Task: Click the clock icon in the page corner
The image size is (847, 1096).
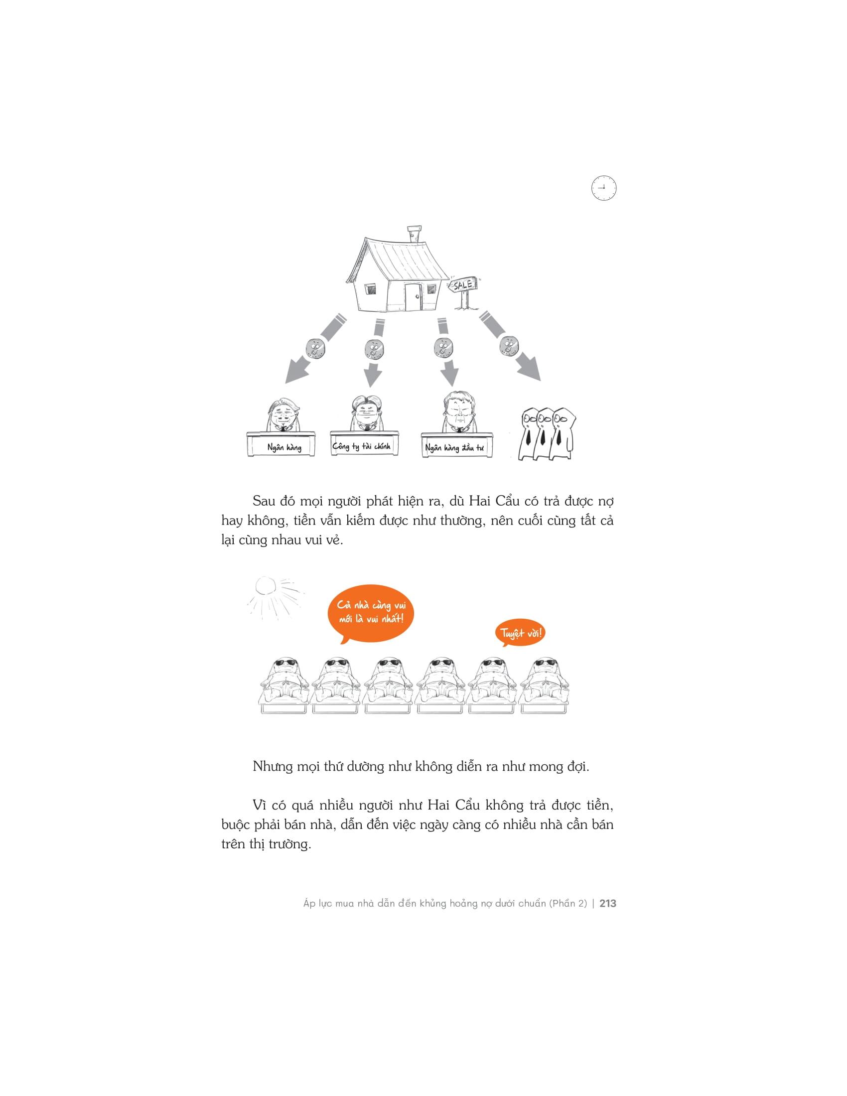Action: coord(604,188)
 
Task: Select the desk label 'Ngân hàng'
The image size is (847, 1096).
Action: coord(284,447)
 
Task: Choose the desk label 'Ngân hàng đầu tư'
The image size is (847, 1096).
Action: coord(454,448)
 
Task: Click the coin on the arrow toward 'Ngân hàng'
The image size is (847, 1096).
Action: coord(315,346)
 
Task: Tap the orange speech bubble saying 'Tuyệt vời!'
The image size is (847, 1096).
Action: coord(521,633)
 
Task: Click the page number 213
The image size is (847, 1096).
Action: coord(608,903)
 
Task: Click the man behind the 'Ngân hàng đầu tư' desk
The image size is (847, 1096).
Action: coord(457,413)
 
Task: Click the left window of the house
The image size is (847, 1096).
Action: coord(370,289)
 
